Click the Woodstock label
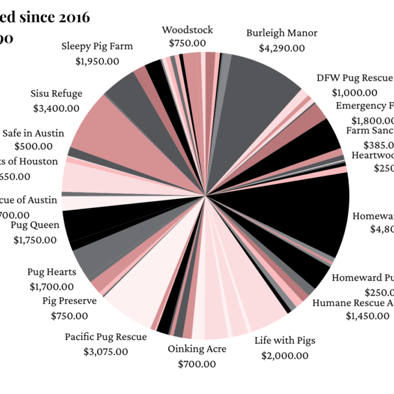point(187,30)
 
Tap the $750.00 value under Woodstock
point(187,44)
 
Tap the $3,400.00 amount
point(56,108)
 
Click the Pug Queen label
point(35,225)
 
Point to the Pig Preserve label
point(70,301)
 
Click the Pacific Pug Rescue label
point(105,337)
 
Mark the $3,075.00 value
point(105,352)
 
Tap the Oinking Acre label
point(197,349)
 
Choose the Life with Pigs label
point(285,341)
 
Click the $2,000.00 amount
point(285,356)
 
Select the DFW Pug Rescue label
point(354,79)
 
